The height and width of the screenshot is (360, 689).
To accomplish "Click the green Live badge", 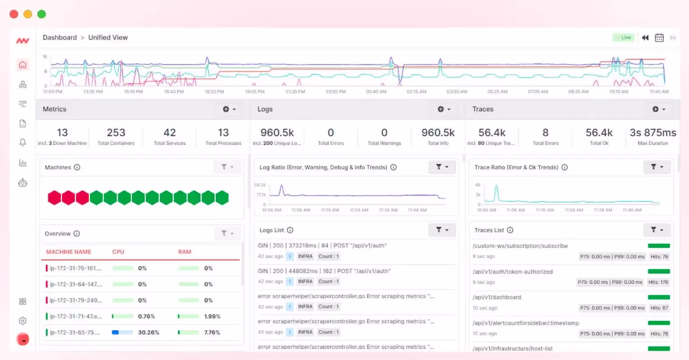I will [x=623, y=38].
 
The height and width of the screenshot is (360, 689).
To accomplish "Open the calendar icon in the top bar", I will [x=659, y=38].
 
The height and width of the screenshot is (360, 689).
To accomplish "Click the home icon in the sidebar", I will [x=23, y=65].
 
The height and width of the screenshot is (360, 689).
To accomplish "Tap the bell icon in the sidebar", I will [x=23, y=143].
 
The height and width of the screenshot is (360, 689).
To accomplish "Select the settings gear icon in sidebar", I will [x=23, y=321].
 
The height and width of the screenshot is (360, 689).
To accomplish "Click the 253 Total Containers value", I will [x=116, y=133].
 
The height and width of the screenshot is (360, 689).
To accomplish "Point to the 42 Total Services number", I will [x=170, y=133].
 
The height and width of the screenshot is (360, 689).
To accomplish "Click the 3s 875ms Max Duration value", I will [x=653, y=133].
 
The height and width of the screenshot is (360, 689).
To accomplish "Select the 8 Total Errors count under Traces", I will [x=545, y=133].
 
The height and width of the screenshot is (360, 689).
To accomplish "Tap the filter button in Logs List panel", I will [x=442, y=230].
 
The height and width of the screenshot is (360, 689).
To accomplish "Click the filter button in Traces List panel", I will [x=657, y=230].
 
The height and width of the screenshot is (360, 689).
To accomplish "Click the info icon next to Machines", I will [x=77, y=167].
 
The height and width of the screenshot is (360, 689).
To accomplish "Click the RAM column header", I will [x=184, y=252].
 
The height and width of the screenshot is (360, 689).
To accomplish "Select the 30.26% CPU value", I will [x=148, y=333].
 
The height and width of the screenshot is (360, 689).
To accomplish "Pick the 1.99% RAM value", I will [x=212, y=317].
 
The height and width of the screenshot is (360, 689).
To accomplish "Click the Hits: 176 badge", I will [x=658, y=282].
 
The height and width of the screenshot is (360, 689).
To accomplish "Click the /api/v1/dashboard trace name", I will [x=497, y=297].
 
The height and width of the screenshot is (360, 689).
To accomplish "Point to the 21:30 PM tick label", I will [x=295, y=92].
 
